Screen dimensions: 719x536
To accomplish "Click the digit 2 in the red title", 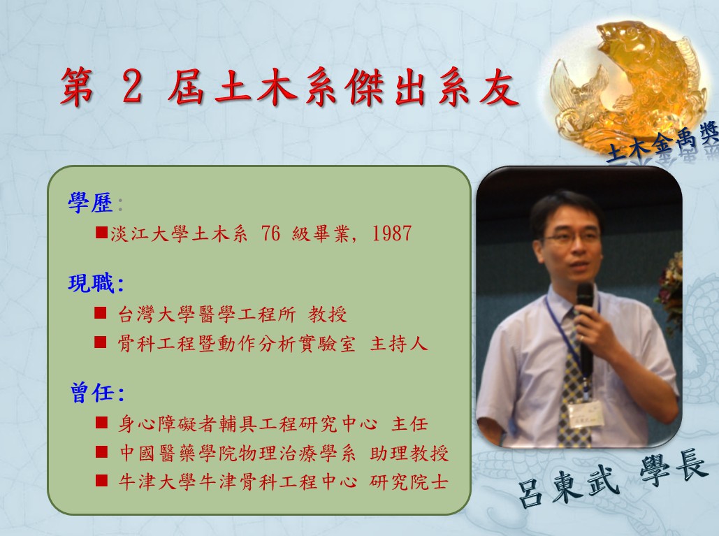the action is click(x=132, y=87).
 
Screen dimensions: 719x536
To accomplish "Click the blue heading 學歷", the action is click(x=91, y=202).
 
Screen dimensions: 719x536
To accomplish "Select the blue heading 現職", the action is click(x=92, y=282).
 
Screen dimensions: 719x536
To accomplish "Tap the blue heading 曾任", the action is click(x=92, y=393).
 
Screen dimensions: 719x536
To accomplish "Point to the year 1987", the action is click(x=391, y=233).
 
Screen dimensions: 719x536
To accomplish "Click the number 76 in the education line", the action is click(x=270, y=233).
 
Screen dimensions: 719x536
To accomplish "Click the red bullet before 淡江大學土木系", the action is click(x=101, y=233).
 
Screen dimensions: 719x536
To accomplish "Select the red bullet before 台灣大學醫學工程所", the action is click(x=101, y=313).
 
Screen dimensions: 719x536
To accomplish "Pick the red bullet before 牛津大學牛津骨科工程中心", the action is click(x=102, y=481).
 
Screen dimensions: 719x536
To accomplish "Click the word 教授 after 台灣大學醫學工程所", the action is click(x=328, y=314).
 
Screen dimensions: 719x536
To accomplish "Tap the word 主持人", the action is click(x=399, y=343).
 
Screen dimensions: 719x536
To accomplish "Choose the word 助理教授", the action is click(x=409, y=453).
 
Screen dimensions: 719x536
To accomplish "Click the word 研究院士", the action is click(x=409, y=482).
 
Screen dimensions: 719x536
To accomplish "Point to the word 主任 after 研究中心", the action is click(x=409, y=424).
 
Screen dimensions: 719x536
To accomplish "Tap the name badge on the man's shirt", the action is click(x=585, y=414).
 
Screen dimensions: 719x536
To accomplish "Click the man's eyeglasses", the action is click(x=572, y=237).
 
